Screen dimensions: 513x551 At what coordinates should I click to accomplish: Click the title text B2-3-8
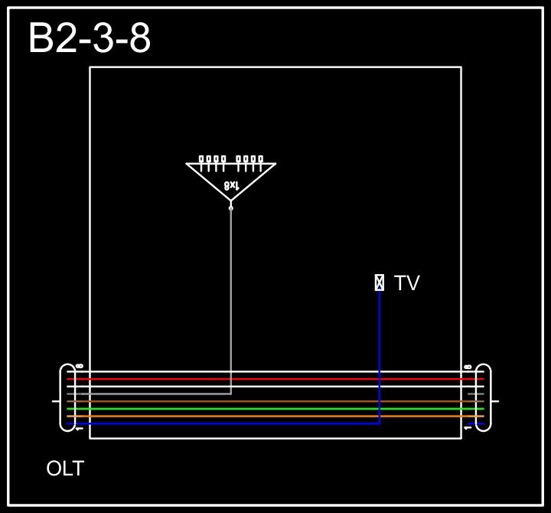click(x=90, y=38)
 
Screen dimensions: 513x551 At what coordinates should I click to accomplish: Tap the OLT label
click(x=65, y=469)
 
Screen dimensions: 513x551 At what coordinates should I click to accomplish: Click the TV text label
click(x=406, y=283)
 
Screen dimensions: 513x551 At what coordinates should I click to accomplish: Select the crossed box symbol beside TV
click(x=379, y=283)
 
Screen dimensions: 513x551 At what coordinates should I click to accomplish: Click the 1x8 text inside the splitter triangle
click(x=231, y=185)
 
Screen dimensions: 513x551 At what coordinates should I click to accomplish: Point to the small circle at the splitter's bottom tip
click(x=231, y=207)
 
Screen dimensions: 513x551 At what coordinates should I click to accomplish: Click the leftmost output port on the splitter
click(x=201, y=159)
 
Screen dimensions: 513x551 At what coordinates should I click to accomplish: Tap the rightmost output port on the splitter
click(x=261, y=159)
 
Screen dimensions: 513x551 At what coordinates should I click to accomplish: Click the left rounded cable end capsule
click(x=68, y=397)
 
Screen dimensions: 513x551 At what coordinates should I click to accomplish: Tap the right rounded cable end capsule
click(x=483, y=397)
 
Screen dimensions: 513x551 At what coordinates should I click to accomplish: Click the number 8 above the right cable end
click(x=468, y=367)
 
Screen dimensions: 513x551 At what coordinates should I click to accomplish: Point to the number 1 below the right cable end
click(x=468, y=429)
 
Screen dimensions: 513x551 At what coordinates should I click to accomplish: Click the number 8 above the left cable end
click(x=80, y=367)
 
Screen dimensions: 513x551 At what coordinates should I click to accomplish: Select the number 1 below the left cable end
click(x=80, y=429)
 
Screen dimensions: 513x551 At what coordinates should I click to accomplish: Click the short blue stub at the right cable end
click(x=476, y=423)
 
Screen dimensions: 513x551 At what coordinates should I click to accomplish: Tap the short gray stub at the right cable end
click(x=476, y=394)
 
